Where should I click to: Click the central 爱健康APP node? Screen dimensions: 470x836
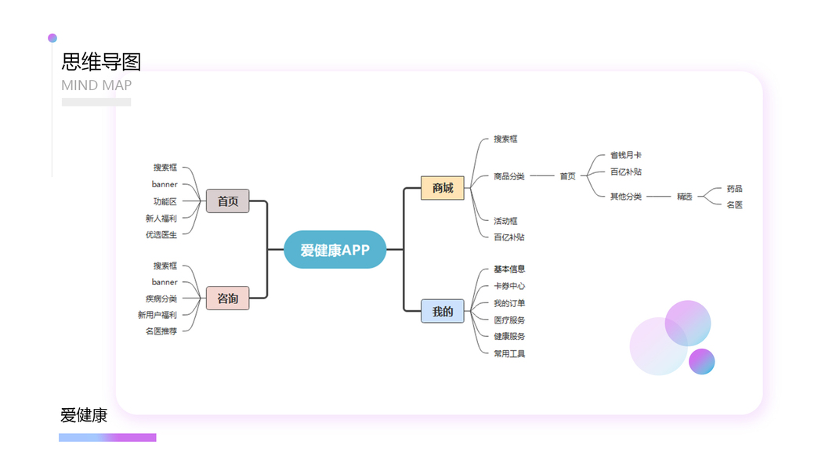[335, 250]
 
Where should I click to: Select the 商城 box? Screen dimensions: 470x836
[443, 188]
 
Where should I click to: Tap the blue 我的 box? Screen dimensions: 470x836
[443, 311]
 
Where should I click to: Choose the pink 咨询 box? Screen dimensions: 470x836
[228, 298]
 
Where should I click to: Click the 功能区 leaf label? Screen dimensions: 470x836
[165, 201]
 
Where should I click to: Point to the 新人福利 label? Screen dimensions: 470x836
[161, 218]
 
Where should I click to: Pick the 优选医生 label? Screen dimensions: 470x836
[161, 234]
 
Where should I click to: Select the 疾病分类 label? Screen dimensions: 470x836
[161, 298]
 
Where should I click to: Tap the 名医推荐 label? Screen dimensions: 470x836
[161, 331]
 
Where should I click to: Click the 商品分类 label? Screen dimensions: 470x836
[509, 176]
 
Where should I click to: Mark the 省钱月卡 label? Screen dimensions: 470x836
[626, 155]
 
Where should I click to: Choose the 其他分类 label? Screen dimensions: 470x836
[626, 196]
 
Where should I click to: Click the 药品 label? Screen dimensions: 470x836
[734, 189]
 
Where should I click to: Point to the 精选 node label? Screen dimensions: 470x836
[685, 196]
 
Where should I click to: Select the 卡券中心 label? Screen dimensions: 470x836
[509, 286]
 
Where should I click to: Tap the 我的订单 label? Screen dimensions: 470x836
[509, 303]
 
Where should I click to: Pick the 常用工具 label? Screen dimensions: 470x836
[509, 353]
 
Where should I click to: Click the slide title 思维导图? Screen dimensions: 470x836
[101, 62]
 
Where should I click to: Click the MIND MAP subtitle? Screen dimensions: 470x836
[96, 85]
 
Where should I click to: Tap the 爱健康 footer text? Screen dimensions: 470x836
[84, 415]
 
